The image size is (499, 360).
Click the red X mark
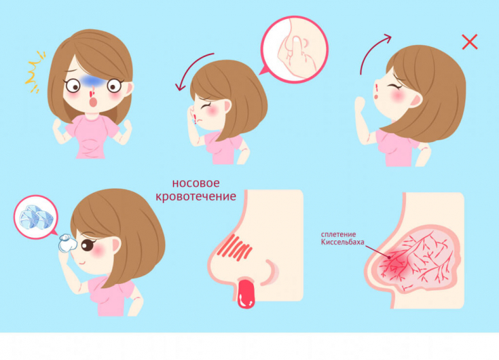tap(470, 41)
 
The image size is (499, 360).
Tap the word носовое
tap(196, 183)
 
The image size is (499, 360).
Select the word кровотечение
tap(196, 196)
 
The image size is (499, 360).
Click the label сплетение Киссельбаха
tap(342, 238)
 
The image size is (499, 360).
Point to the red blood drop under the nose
tap(246, 293)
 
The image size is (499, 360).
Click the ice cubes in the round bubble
tap(35, 217)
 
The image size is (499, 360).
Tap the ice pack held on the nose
tap(67, 243)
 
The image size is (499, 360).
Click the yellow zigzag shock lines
tap(35, 72)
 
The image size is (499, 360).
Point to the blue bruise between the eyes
tap(92, 82)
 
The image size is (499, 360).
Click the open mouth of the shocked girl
tap(93, 102)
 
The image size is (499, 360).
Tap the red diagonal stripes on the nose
tap(235, 247)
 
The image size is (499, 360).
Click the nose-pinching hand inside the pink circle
tap(295, 54)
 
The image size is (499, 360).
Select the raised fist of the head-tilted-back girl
tap(360, 103)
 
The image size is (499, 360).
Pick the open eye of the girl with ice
tap(88, 245)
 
